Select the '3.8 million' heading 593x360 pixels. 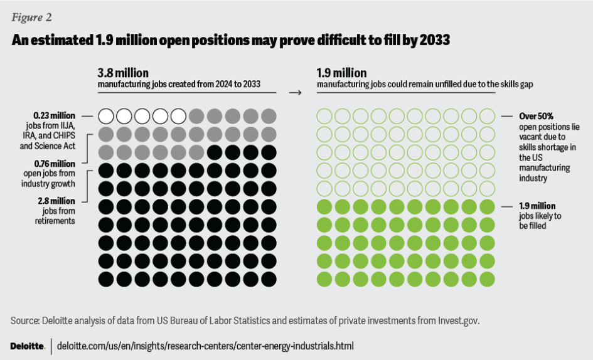tap(123, 73)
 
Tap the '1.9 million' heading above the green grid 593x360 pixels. tap(341, 73)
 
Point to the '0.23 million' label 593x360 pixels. tap(55, 115)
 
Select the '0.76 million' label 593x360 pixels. tap(55, 165)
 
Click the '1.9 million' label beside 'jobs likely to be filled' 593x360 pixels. tap(537, 206)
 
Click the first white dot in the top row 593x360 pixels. tap(106, 116)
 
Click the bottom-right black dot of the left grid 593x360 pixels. tap(269, 279)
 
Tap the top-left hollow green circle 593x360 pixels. tap(325, 116)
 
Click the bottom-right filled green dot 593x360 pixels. tap(488, 279)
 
